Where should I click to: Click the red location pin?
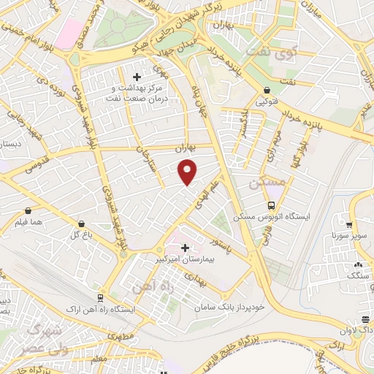(188, 172)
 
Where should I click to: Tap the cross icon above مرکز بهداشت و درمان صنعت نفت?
(137, 76)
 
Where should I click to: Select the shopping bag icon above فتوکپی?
(268, 92)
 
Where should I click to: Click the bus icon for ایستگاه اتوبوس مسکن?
(271, 206)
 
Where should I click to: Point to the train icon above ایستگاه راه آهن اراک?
(99, 299)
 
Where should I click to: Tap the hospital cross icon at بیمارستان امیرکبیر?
(184, 248)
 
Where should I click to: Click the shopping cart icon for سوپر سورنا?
(351, 226)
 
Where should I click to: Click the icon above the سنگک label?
(357, 265)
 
